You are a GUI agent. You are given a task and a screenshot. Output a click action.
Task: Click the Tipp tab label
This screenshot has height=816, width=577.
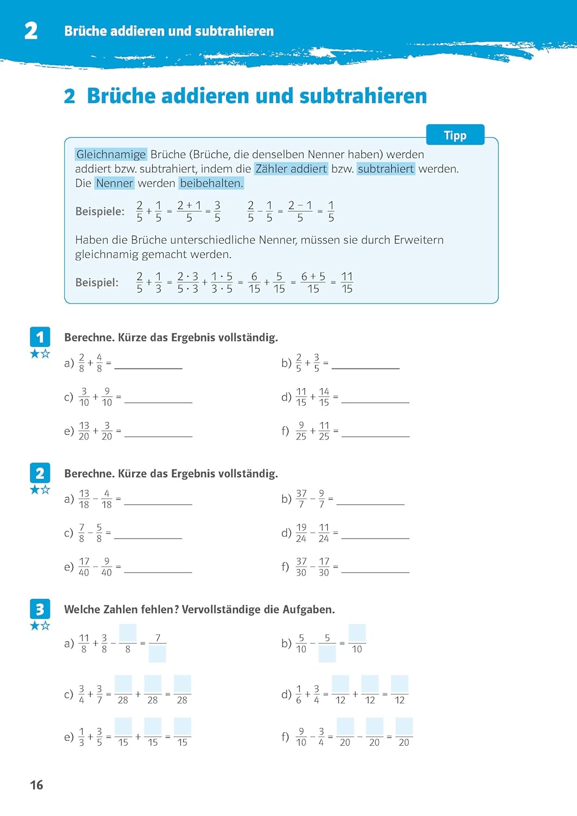click(455, 135)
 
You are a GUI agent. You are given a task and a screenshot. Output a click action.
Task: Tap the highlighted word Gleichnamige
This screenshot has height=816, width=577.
click(111, 154)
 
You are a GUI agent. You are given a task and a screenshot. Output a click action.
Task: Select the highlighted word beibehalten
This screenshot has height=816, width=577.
click(211, 183)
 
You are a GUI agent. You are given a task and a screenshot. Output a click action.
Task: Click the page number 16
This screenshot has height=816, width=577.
click(36, 785)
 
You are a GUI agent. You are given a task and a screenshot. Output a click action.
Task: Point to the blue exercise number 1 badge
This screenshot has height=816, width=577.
click(40, 337)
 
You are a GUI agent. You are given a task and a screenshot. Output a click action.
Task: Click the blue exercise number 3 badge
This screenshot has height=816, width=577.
click(40, 609)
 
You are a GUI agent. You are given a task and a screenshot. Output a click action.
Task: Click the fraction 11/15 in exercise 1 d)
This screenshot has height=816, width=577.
click(301, 397)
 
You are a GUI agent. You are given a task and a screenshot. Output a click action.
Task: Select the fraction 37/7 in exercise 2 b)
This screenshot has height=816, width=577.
click(301, 499)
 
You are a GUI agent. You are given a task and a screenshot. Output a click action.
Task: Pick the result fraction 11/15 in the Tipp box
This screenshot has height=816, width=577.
click(347, 283)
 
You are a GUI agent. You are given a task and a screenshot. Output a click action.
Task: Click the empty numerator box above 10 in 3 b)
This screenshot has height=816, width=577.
click(357, 634)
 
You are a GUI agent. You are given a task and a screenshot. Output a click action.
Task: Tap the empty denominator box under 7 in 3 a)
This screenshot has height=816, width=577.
click(158, 653)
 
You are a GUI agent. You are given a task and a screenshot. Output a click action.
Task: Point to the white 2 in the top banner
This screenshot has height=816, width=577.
click(31, 30)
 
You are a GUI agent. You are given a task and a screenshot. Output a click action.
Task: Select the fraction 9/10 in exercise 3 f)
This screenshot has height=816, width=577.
click(301, 737)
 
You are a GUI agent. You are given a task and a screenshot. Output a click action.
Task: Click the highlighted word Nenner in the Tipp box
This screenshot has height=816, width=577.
click(114, 183)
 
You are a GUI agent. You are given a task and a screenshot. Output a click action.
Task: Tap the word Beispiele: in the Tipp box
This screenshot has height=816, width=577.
click(99, 212)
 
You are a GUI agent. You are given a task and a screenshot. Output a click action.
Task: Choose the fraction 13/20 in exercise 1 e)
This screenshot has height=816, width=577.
click(84, 431)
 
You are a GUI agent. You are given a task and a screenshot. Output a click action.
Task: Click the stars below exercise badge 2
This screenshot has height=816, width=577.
click(40, 490)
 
